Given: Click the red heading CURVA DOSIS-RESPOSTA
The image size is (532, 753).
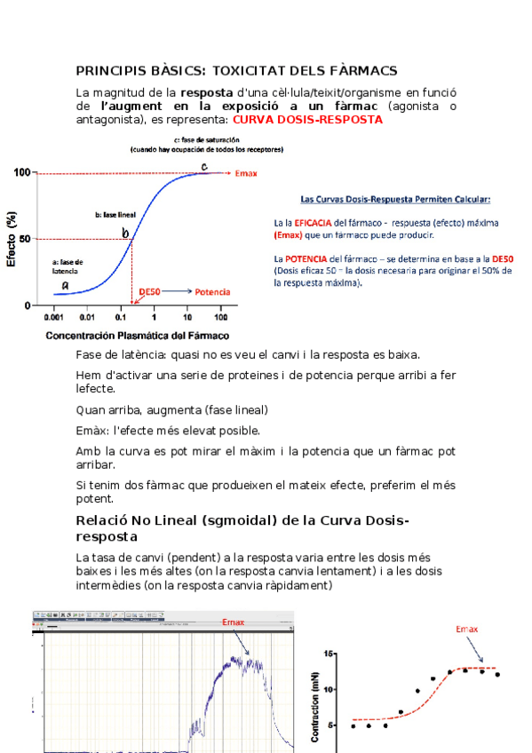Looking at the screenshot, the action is click(307, 119).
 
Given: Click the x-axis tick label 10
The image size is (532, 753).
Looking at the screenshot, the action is click(187, 317).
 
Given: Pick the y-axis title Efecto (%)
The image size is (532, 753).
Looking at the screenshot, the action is click(12, 238).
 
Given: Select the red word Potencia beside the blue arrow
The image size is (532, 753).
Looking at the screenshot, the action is click(213, 291).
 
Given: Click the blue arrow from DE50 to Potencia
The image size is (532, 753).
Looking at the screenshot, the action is click(177, 291).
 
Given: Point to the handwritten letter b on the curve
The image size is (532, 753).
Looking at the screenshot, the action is click(126, 233).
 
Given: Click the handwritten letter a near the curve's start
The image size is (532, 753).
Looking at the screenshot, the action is click(65, 284).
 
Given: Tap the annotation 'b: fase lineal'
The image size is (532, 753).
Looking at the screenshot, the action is click(115, 215).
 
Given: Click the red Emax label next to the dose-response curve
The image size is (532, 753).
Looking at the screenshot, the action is click(246, 173).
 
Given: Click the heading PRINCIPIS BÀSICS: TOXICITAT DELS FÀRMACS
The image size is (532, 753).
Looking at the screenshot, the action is click(236, 70).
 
